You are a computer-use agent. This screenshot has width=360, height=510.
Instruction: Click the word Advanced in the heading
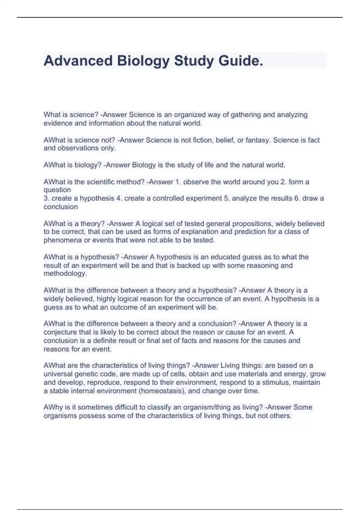pyautogui.click(x=77, y=61)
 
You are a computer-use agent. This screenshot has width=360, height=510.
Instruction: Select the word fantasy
pyautogui.click(x=257, y=140)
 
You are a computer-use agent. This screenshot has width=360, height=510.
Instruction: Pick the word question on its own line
pyautogui.click(x=57, y=190)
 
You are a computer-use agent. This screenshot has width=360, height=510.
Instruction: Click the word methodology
pyautogui.click(x=65, y=274)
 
